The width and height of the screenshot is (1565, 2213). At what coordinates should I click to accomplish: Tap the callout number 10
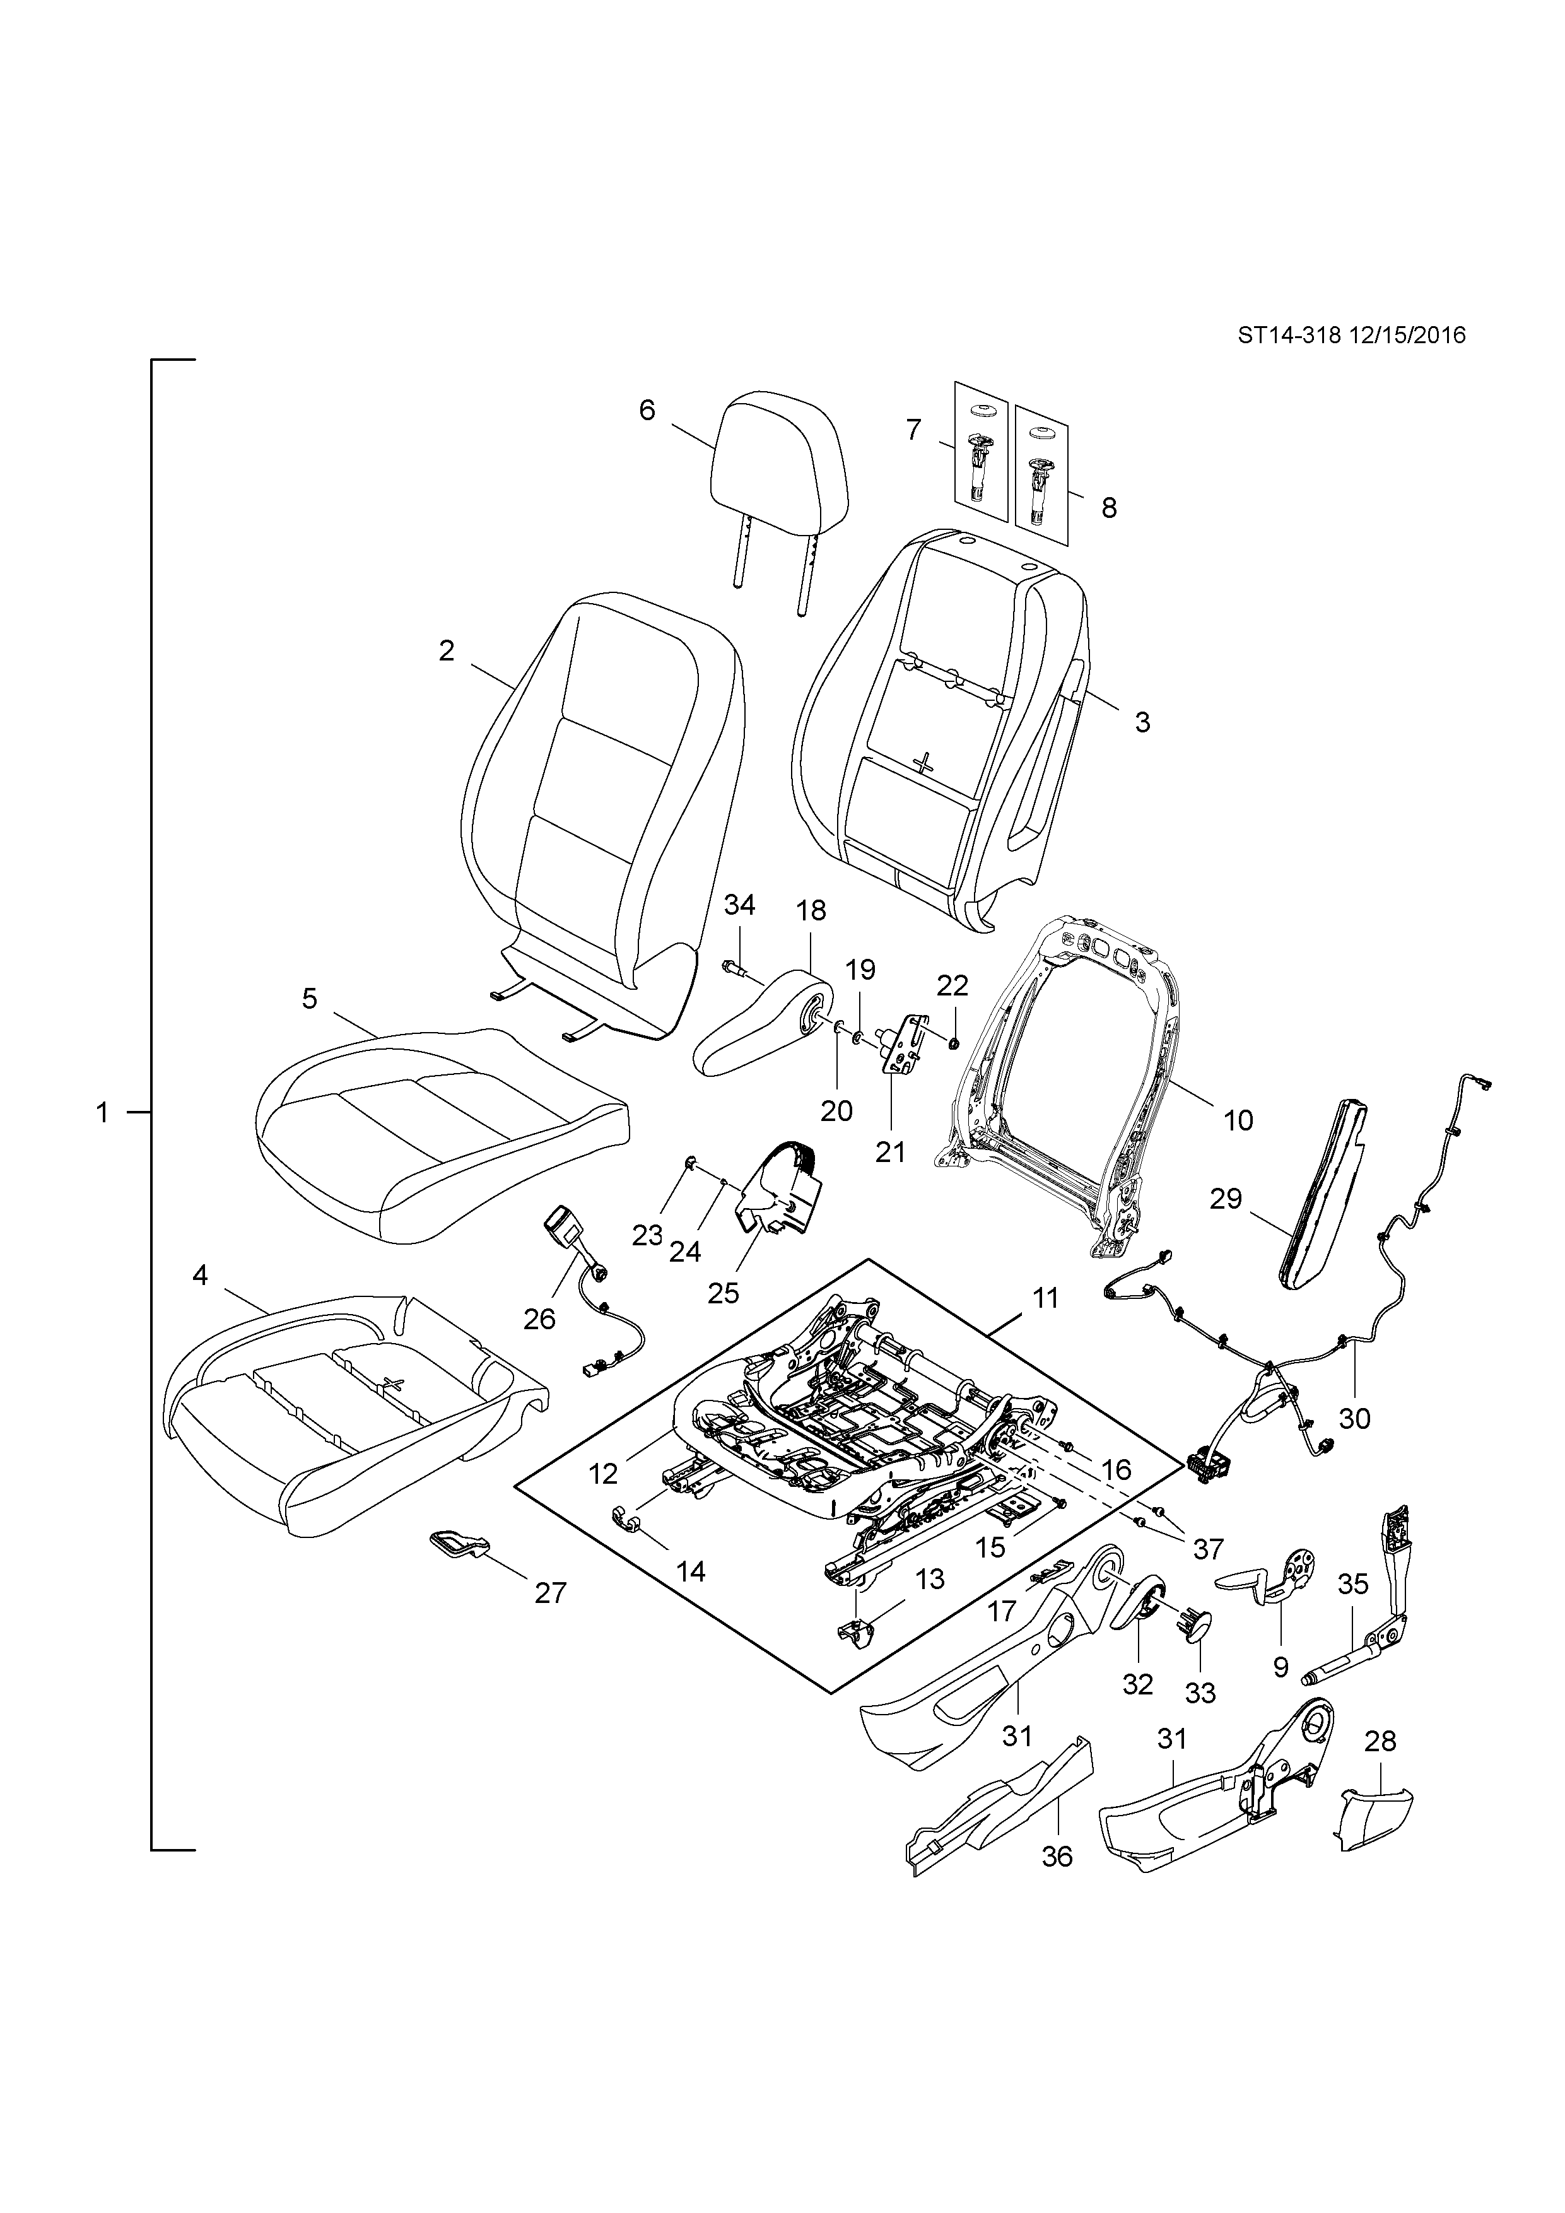point(1238,1120)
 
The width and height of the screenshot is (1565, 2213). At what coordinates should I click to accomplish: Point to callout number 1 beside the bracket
point(102,1113)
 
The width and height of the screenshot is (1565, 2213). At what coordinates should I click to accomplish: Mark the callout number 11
point(1046,1298)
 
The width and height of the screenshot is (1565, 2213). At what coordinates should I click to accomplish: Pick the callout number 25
point(723,1293)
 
